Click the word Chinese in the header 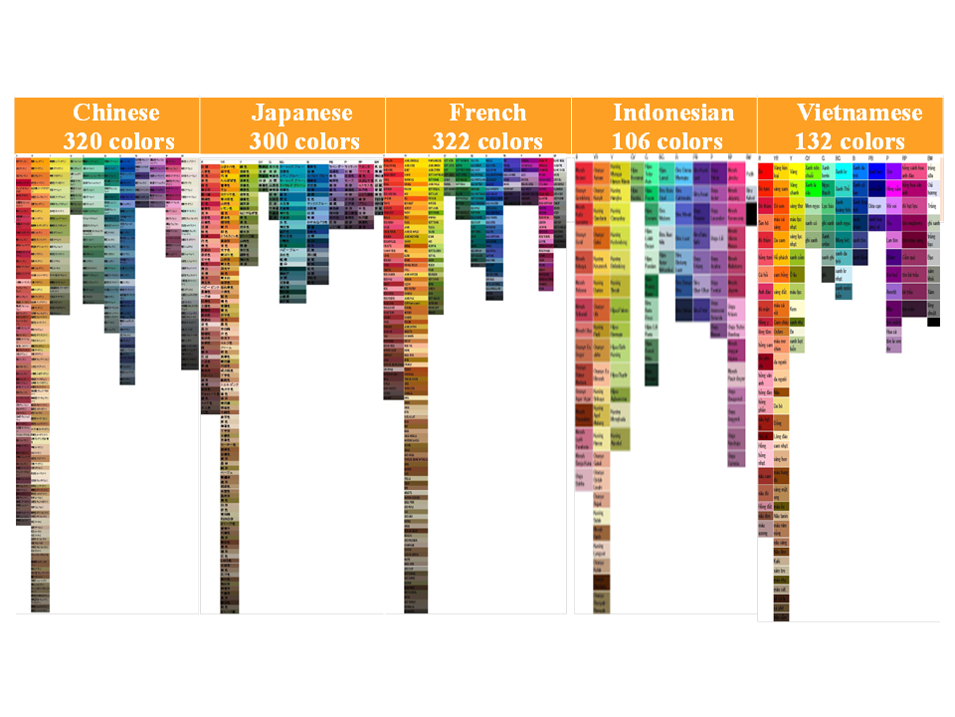click(115, 113)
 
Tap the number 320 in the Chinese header click(82, 140)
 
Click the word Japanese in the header click(301, 113)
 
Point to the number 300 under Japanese click(268, 140)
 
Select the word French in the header click(486, 113)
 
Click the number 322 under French click(453, 140)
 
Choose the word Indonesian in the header click(673, 113)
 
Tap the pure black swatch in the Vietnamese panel click(933, 322)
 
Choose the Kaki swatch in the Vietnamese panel click(780, 561)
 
